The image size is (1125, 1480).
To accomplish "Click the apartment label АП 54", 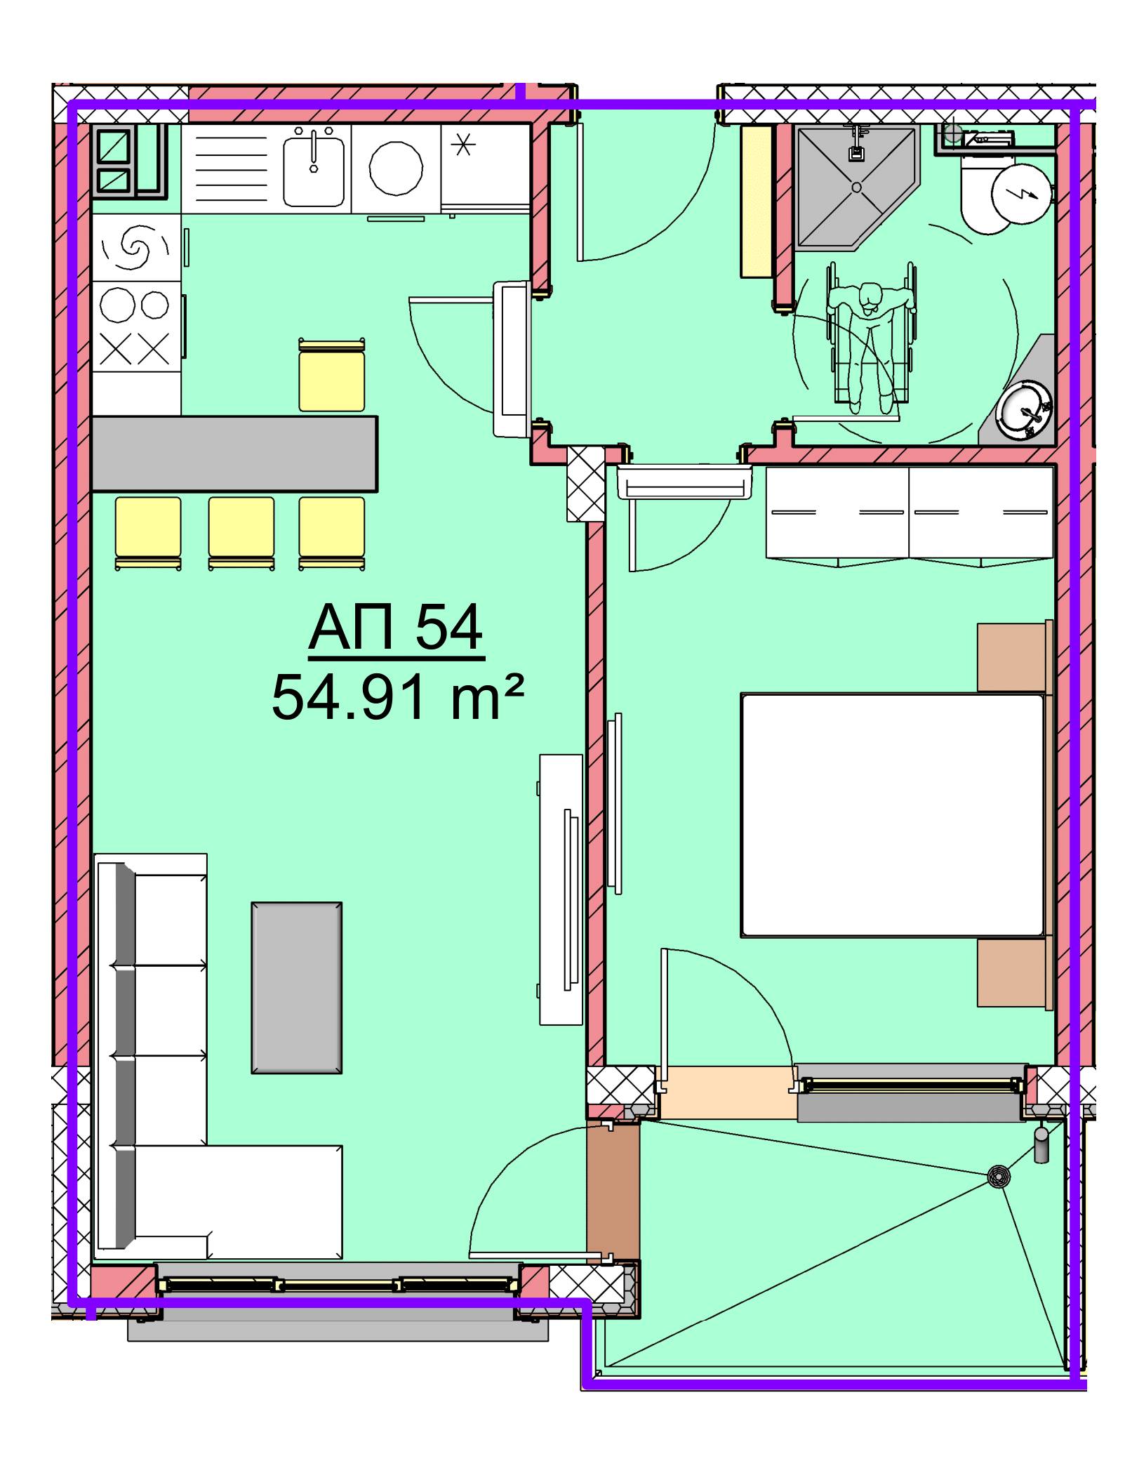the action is click(396, 628).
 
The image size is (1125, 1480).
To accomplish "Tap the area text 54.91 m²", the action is click(397, 698).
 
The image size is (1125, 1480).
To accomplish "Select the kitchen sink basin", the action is click(313, 170).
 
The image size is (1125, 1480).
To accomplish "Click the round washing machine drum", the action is click(396, 169).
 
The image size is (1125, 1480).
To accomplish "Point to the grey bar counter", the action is click(234, 454).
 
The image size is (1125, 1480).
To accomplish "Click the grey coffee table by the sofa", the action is click(297, 988).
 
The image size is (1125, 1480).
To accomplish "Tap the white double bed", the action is click(893, 815).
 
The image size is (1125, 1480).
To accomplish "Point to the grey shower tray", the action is click(856, 187).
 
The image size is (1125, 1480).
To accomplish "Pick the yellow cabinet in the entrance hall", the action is click(757, 201).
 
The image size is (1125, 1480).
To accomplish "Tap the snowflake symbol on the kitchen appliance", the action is click(462, 145).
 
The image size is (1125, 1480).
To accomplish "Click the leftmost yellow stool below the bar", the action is click(148, 533).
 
